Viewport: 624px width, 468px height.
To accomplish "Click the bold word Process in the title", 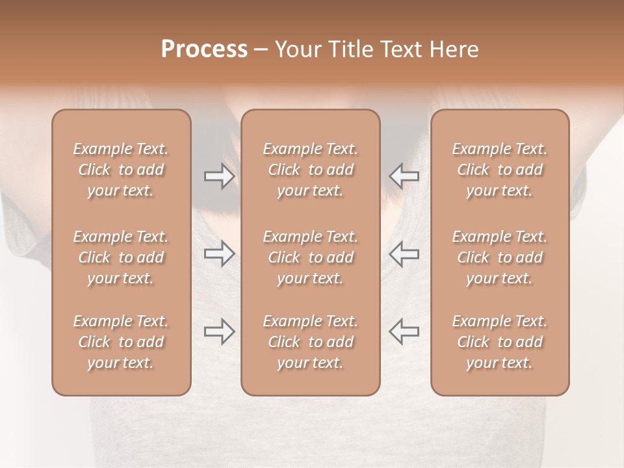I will [x=204, y=49].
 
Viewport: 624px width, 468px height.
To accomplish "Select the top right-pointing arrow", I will [x=220, y=175].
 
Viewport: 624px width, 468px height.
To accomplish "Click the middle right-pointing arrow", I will [x=220, y=253].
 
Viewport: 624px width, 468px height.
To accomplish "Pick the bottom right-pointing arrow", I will [x=220, y=331].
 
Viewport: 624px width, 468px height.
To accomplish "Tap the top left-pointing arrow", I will [x=404, y=175].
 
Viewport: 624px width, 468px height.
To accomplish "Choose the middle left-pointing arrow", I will [x=404, y=253].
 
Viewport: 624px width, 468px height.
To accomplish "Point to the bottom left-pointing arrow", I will [x=404, y=331].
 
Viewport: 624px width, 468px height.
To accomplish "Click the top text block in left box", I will [x=121, y=170].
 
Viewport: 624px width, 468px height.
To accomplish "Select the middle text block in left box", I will [x=121, y=257].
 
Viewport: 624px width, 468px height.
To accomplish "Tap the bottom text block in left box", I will [x=121, y=342].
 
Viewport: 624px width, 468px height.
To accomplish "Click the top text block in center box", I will [x=311, y=170].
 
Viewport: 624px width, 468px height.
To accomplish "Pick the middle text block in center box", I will [x=311, y=257].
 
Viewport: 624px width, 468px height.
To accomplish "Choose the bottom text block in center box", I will [x=311, y=342].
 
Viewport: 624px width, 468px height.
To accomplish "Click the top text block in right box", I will [x=500, y=170].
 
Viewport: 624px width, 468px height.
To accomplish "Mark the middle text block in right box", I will [x=500, y=257].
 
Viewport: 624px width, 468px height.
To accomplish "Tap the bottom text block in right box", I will [x=500, y=342].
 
